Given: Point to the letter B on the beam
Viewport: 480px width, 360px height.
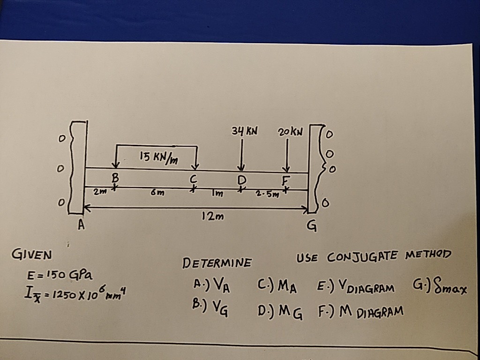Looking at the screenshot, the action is click(114, 179).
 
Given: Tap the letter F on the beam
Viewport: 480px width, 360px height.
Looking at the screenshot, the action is click(287, 180).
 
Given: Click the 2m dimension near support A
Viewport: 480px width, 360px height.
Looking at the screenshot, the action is click(98, 191).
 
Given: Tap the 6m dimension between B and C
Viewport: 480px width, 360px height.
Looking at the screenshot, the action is click(155, 193).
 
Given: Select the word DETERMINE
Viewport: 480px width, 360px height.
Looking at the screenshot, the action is click(217, 262).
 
